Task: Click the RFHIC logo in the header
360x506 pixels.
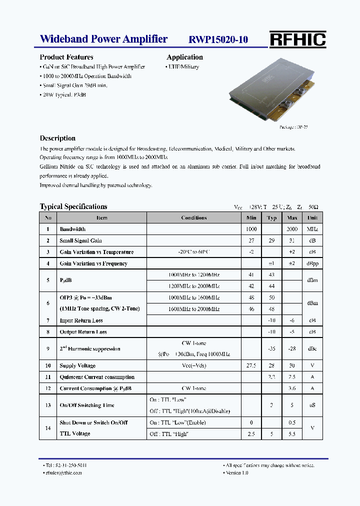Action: tap(297, 39)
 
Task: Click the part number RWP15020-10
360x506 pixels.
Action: tap(218, 40)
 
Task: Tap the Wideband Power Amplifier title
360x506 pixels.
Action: tap(103, 39)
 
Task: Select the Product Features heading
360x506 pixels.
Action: tap(66, 57)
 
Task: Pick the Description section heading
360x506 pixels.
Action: tap(57, 138)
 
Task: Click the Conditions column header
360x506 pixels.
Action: tap(194, 217)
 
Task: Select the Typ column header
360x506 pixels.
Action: tap(271, 217)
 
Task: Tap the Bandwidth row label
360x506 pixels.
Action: tap(72, 229)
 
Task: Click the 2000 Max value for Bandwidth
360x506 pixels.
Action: tap(292, 229)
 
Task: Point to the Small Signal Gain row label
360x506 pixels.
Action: tap(80, 240)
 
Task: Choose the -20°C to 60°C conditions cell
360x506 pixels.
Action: tap(194, 252)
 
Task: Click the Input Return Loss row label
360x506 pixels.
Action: tap(81, 320)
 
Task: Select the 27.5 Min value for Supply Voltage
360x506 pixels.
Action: tap(251, 366)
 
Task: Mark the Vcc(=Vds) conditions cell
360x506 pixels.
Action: tap(194, 366)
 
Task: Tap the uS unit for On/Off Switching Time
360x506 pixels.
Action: tap(312, 405)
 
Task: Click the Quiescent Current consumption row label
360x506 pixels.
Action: tap(97, 377)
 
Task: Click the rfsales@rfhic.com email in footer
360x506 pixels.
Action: tap(62, 472)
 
